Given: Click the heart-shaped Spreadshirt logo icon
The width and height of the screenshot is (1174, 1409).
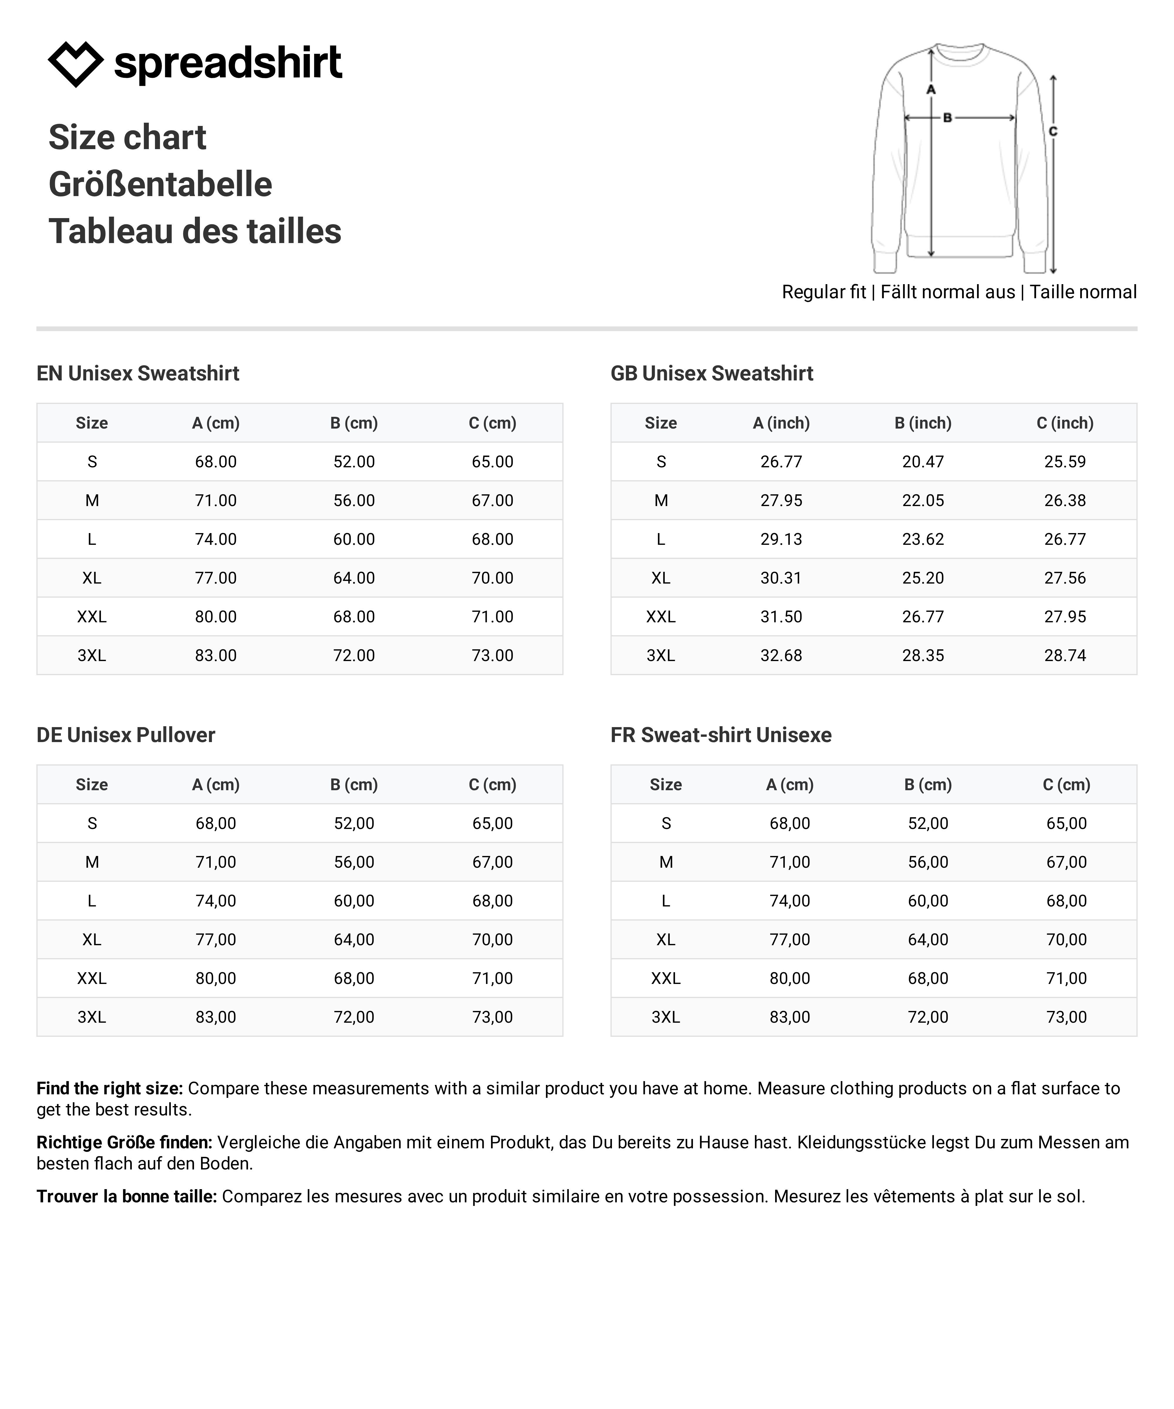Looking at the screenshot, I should pyautogui.click(x=75, y=64).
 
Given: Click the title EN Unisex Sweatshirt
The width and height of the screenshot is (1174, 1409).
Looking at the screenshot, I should pyautogui.click(x=138, y=373).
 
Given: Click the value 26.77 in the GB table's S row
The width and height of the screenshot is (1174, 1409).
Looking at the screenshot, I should pyautogui.click(x=781, y=462).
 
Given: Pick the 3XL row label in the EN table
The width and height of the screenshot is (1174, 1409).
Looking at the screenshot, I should pyautogui.click(x=92, y=655).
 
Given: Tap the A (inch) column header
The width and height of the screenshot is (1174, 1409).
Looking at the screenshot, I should pyautogui.click(x=781, y=423).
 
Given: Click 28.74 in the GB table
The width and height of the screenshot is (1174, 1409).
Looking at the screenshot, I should pyautogui.click(x=1065, y=655).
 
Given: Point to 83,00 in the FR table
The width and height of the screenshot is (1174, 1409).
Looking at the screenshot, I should pyautogui.click(x=790, y=1017).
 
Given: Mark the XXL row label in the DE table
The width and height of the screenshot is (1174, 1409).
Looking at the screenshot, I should pyautogui.click(x=92, y=978).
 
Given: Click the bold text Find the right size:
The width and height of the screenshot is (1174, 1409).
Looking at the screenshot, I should pyautogui.click(x=109, y=1088).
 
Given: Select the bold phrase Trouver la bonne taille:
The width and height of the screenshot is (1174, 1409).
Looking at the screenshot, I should pyautogui.click(x=127, y=1196).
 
